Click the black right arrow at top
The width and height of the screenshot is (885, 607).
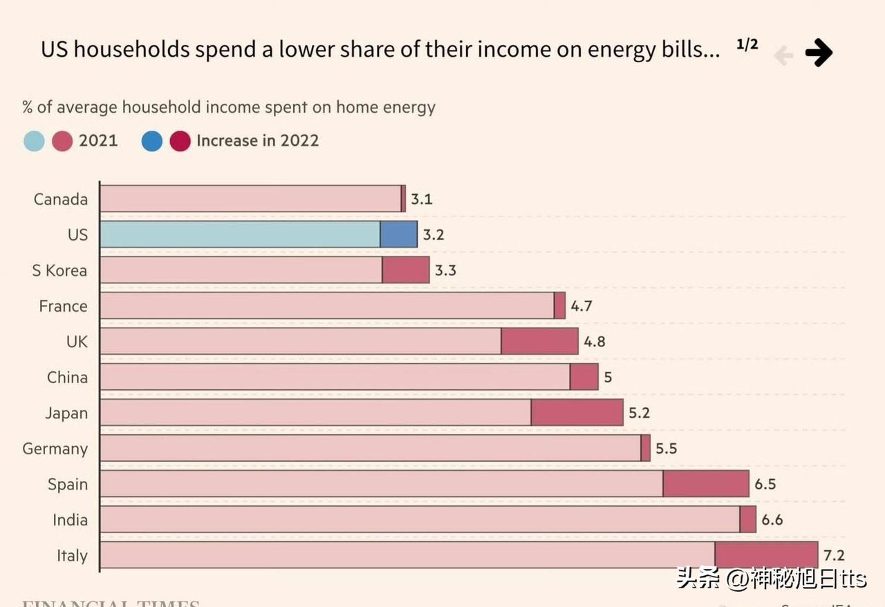coord(819,53)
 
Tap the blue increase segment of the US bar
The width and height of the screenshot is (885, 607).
coord(399,234)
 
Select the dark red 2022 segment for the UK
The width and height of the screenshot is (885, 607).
coord(539,342)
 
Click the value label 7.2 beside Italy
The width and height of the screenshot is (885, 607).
coord(834,556)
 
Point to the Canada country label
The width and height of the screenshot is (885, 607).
coord(61,199)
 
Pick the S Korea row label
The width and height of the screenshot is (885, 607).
coord(59,270)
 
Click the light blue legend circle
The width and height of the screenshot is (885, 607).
coord(34,141)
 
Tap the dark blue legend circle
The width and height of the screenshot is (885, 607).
coord(152,141)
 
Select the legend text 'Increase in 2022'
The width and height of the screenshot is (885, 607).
coord(257,141)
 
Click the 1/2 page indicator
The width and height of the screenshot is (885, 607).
coord(747,45)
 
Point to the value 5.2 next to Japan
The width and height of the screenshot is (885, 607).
coord(639,413)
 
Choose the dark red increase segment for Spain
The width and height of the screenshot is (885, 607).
coord(706,484)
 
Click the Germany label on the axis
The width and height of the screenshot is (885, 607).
coord(55,449)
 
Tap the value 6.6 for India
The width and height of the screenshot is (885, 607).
coord(772,520)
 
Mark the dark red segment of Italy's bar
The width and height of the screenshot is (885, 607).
coord(766,555)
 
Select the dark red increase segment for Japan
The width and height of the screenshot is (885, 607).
coord(577,413)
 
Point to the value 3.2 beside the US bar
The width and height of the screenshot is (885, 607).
coord(433,235)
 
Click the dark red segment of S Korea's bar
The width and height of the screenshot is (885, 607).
coord(406,270)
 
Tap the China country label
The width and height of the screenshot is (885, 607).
coord(67,377)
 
